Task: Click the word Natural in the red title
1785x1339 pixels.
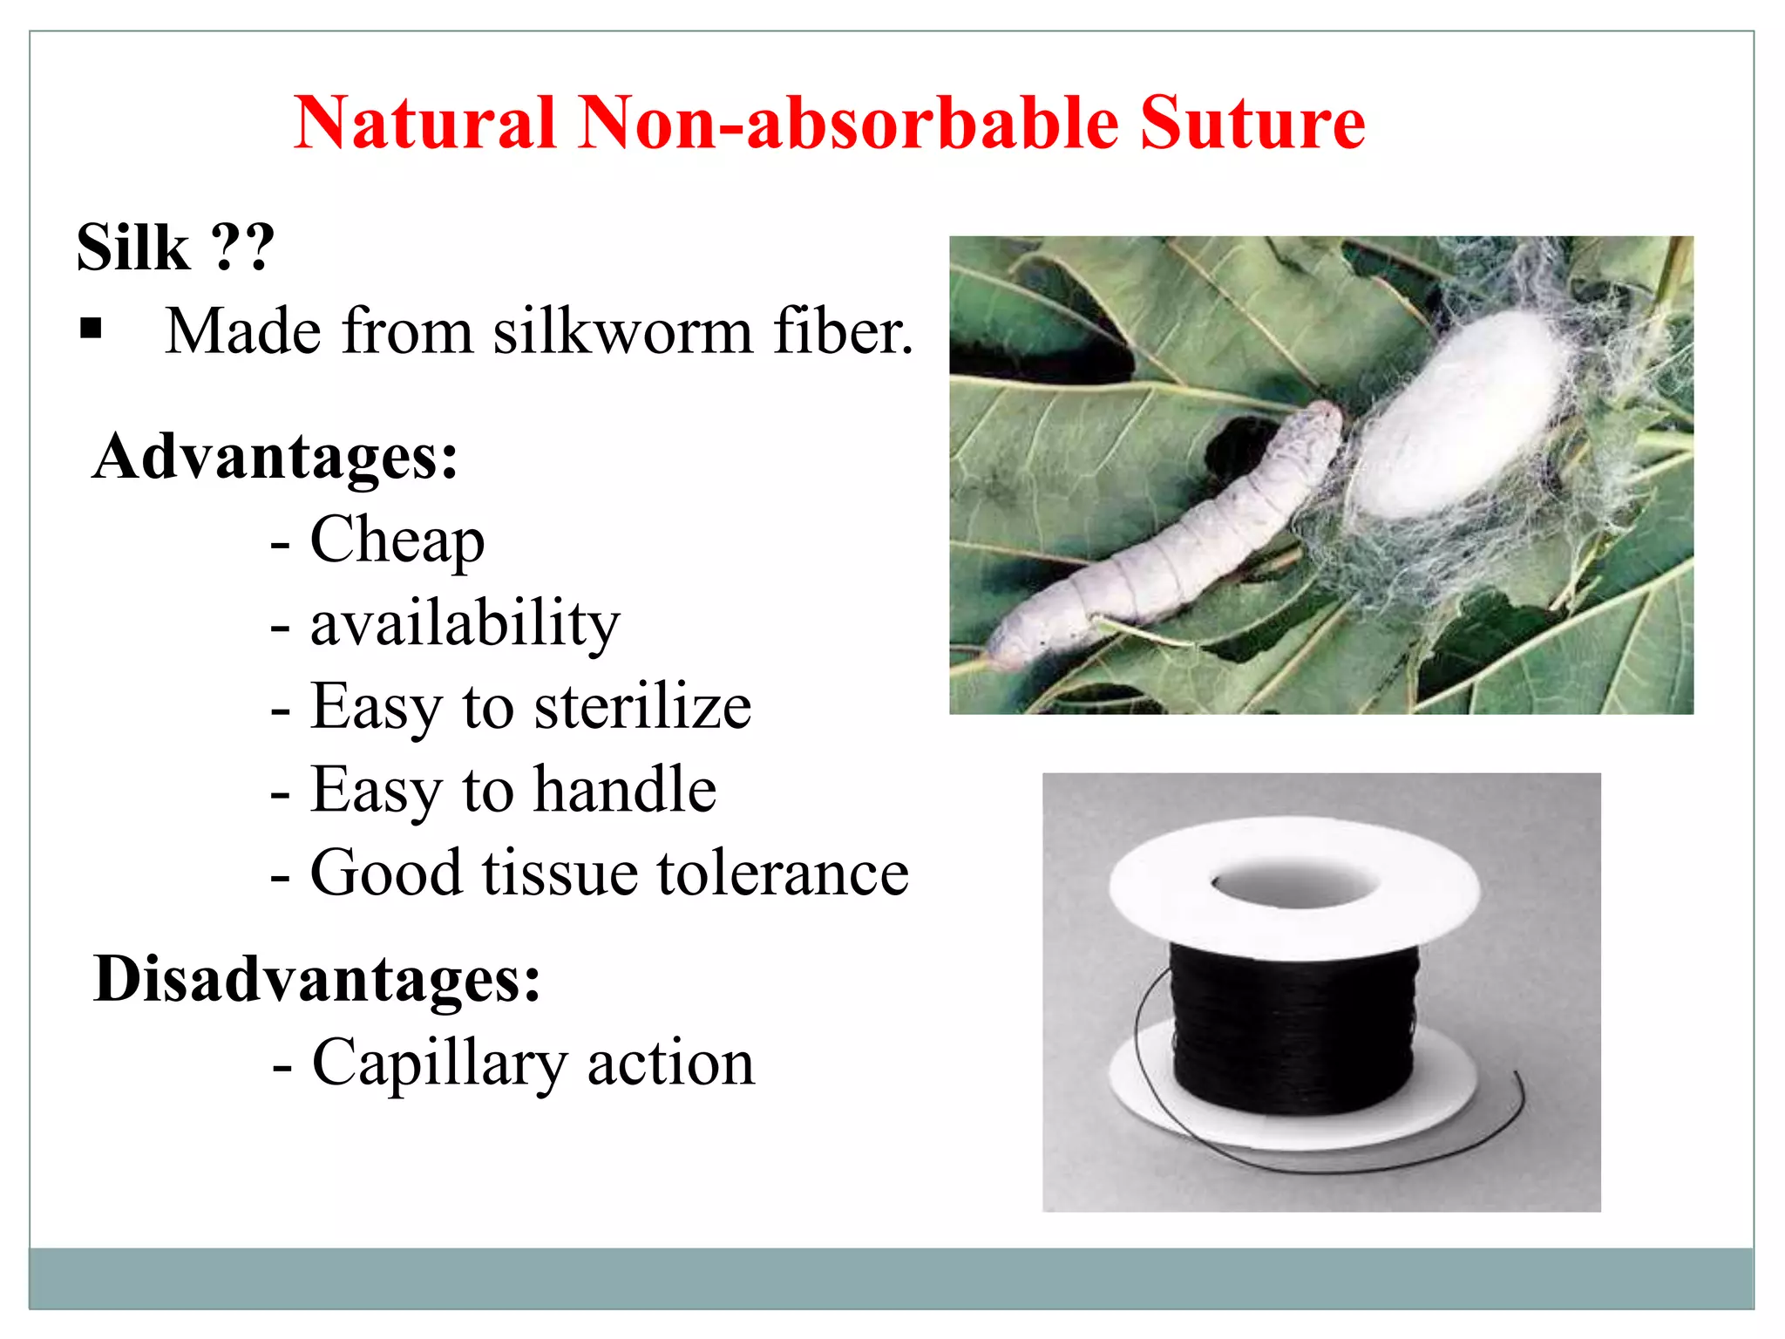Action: point(424,123)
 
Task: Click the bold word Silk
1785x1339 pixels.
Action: point(132,248)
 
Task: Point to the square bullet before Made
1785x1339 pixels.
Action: point(91,330)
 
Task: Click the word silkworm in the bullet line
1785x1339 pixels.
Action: point(622,332)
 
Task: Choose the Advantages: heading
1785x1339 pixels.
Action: point(275,457)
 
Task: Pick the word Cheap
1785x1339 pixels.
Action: point(397,540)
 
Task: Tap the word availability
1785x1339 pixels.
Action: point(465,624)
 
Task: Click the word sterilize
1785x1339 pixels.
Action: point(642,706)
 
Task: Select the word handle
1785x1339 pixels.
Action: point(625,790)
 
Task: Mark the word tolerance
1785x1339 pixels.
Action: point(782,873)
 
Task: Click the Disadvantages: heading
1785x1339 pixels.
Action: point(317,979)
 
